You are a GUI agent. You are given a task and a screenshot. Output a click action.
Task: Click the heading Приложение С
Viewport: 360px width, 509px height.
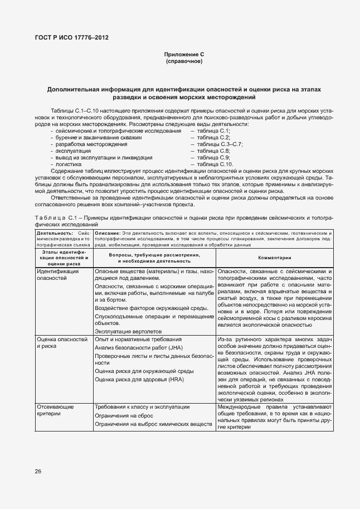[184, 54]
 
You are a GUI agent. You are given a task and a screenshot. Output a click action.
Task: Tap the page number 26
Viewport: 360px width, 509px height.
[38, 471]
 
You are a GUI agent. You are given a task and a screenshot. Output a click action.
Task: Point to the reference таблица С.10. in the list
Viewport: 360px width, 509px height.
[211, 164]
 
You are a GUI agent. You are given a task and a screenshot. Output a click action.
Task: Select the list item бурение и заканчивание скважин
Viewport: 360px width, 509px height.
[98, 137]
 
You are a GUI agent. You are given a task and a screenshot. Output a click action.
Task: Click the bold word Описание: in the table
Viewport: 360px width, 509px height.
[108, 233]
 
